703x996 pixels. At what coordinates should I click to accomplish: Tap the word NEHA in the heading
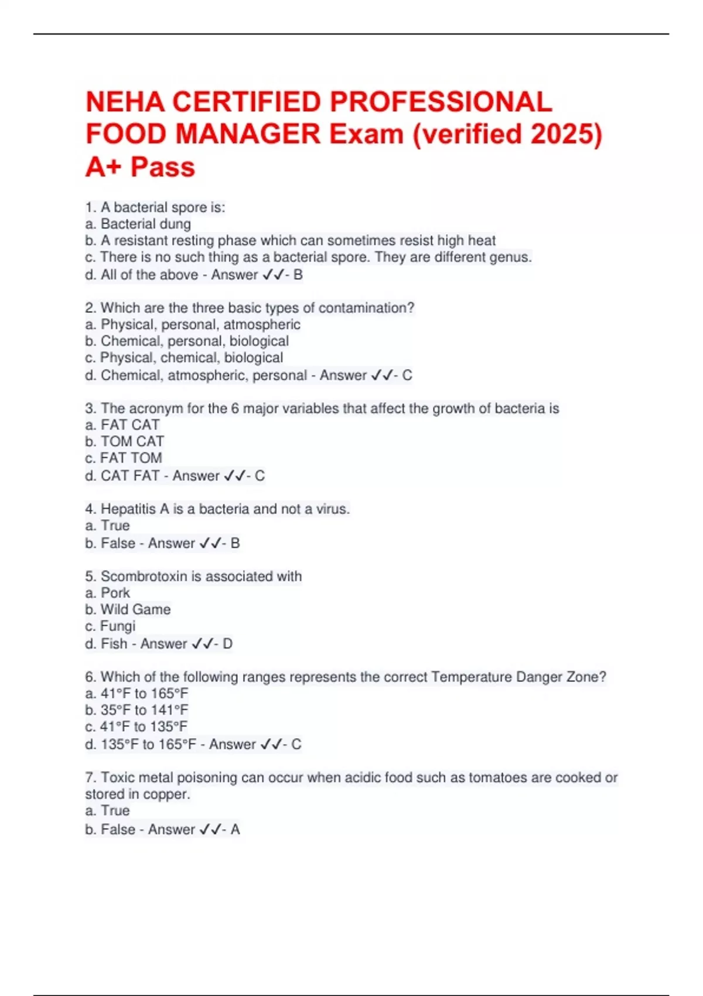(x=125, y=102)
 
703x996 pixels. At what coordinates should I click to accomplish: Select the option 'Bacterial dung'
(x=145, y=224)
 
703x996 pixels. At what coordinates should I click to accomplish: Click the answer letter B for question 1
(x=298, y=275)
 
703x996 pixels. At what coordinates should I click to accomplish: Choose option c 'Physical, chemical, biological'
(x=191, y=357)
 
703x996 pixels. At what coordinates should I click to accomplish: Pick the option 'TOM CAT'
(x=132, y=441)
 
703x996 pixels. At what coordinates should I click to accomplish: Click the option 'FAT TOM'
(x=131, y=458)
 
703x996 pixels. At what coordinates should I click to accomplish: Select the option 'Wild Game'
(x=135, y=609)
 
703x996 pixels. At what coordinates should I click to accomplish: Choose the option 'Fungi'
(x=118, y=626)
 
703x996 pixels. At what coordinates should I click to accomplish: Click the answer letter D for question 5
(x=227, y=644)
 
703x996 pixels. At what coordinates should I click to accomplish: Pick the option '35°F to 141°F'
(x=144, y=710)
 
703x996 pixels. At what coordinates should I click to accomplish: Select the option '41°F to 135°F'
(x=144, y=726)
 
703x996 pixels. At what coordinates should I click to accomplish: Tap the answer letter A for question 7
(x=235, y=830)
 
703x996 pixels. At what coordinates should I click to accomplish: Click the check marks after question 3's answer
(x=234, y=476)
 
